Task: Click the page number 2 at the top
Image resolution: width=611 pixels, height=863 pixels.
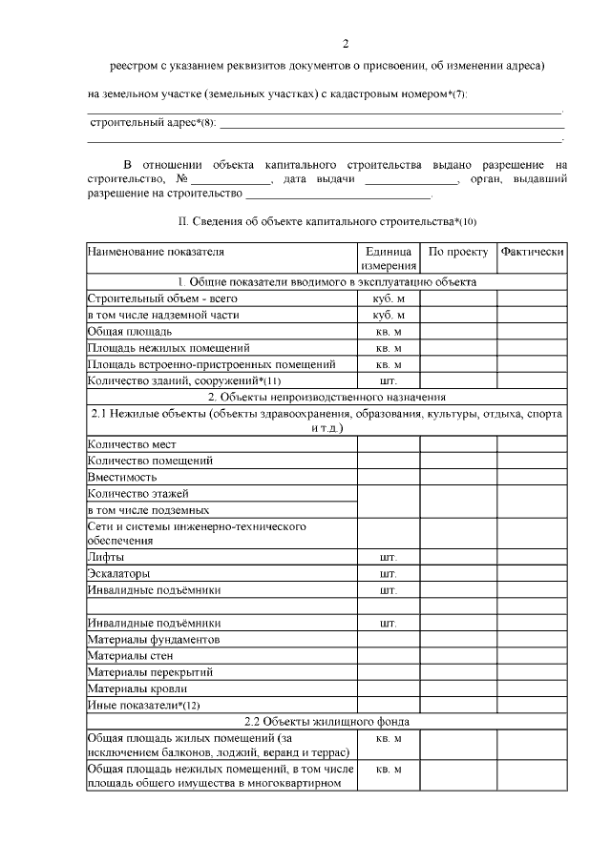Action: coord(346,44)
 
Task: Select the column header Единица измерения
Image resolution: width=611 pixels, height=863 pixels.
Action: coord(389,259)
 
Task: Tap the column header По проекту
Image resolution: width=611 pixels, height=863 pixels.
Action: coord(458,253)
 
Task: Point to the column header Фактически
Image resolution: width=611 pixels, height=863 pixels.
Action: coord(532,253)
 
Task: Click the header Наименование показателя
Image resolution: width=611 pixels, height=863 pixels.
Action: coord(155,253)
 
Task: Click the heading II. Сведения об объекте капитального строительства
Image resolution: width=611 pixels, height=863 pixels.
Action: coord(327,221)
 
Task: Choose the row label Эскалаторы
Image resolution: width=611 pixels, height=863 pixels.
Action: coord(119,574)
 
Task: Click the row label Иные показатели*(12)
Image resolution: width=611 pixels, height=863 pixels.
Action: coord(144,705)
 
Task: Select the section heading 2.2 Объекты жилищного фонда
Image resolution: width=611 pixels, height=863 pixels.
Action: coord(327,721)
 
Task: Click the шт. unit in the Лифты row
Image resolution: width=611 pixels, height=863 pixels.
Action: coord(389,557)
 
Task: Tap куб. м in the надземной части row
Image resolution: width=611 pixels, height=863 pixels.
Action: coord(389,315)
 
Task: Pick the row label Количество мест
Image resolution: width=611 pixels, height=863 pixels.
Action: coord(132,444)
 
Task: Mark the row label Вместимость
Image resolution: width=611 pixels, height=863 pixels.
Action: coord(122,477)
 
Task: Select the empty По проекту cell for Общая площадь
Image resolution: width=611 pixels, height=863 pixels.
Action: coord(458,331)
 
